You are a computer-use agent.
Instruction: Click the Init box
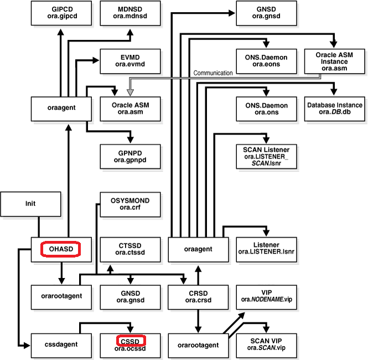pyautogui.click(x=30, y=203)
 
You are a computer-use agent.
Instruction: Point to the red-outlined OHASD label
pyautogui.click(x=61, y=249)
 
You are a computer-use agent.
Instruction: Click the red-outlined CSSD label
pyautogui.click(x=130, y=340)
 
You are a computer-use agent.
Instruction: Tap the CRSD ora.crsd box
pyautogui.click(x=198, y=296)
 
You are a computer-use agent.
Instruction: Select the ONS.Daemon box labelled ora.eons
pyautogui.click(x=266, y=61)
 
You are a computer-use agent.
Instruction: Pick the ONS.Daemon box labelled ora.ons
pyautogui.click(x=266, y=109)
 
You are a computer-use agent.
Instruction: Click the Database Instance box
pyautogui.click(x=334, y=109)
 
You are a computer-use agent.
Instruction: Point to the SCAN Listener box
pyautogui.click(x=266, y=156)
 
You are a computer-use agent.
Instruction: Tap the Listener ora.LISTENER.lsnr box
pyautogui.click(x=266, y=249)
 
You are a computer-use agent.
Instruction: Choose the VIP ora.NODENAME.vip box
pyautogui.click(x=266, y=296)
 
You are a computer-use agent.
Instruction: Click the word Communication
pyautogui.click(x=212, y=73)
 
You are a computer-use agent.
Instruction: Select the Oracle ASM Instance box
pyautogui.click(x=334, y=61)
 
